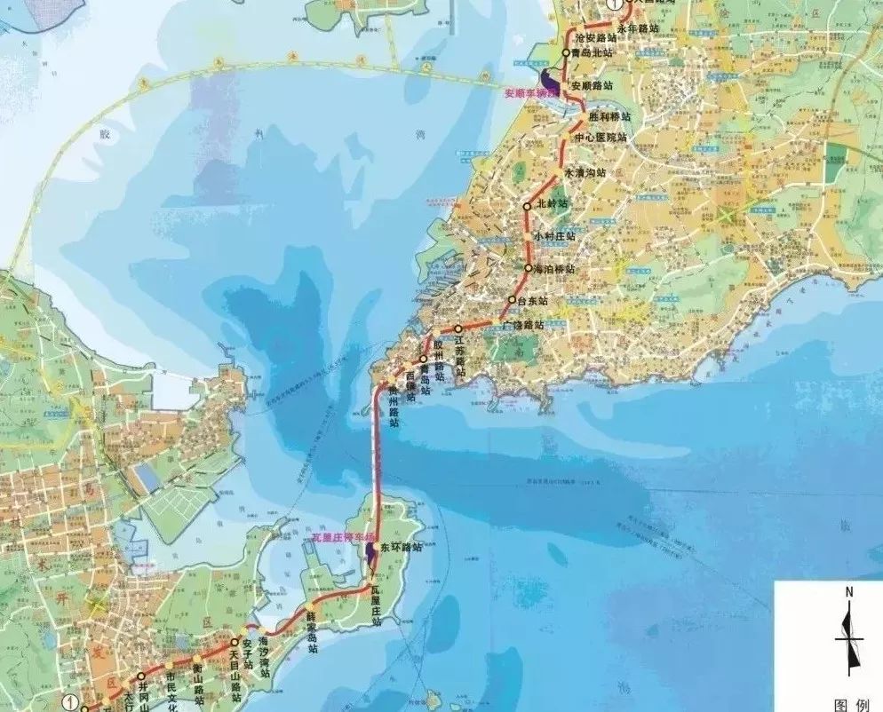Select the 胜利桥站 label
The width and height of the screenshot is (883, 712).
click(609, 117)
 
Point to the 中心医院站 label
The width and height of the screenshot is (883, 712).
click(600, 138)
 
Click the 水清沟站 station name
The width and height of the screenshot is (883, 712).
click(586, 171)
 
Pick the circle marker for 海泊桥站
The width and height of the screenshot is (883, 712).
click(528, 268)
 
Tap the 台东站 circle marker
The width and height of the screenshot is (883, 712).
click(511, 299)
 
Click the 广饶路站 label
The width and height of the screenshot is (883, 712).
click(521, 324)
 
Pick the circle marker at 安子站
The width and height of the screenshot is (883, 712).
click(235, 642)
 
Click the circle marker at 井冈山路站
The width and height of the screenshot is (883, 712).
click(141, 676)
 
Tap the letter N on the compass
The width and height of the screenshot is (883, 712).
click(849, 591)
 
